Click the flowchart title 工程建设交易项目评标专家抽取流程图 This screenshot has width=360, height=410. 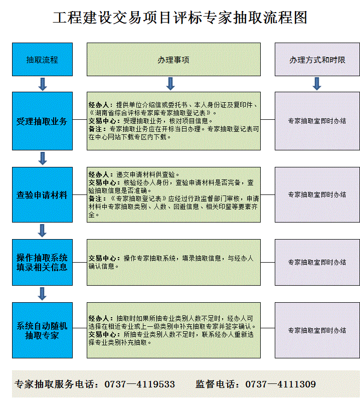click(x=180, y=18)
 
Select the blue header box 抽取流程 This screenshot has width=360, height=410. click(x=43, y=59)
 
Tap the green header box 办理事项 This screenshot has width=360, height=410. click(x=173, y=59)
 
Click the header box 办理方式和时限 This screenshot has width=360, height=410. click(x=317, y=59)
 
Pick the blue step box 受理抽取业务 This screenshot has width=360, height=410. click(x=43, y=121)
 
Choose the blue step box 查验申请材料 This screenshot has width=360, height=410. click(x=43, y=194)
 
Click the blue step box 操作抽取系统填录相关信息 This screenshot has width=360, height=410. click(x=43, y=262)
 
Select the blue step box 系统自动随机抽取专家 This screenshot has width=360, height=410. click(x=43, y=330)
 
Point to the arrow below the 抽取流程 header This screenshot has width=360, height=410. click(x=43, y=84)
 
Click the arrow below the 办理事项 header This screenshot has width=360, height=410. click(x=170, y=84)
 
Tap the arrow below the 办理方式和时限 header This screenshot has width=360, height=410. click(x=317, y=84)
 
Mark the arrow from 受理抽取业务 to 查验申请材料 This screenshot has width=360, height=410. click(x=43, y=158)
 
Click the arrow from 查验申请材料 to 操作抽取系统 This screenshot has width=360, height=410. click(x=42, y=231)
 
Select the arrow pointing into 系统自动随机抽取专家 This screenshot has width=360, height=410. click(x=42, y=294)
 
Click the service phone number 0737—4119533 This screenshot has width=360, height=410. click(x=140, y=384)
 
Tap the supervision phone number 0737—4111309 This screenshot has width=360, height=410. click(x=280, y=384)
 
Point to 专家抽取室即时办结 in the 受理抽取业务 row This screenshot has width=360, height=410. click(x=317, y=121)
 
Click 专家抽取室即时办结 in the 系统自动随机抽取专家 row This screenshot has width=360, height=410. click(x=317, y=330)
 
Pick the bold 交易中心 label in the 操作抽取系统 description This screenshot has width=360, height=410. click(x=102, y=258)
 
